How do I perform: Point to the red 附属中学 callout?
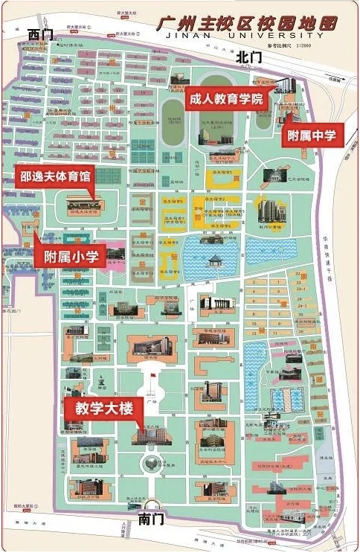(x=311, y=136)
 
